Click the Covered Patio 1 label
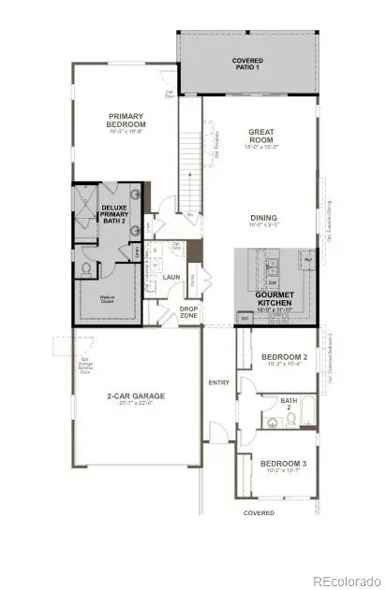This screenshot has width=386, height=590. coord(247,64)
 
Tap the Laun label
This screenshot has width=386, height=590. coord(171,277)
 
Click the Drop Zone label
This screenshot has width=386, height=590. coord(188,311)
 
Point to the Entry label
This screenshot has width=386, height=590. coord(218,382)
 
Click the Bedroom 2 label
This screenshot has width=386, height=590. coord(285,357)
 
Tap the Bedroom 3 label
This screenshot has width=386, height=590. coord(284,464)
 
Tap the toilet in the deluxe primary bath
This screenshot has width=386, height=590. coord(84,269)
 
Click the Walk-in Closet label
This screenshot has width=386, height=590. coord(111,299)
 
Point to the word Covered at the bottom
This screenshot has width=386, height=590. coord(259,512)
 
